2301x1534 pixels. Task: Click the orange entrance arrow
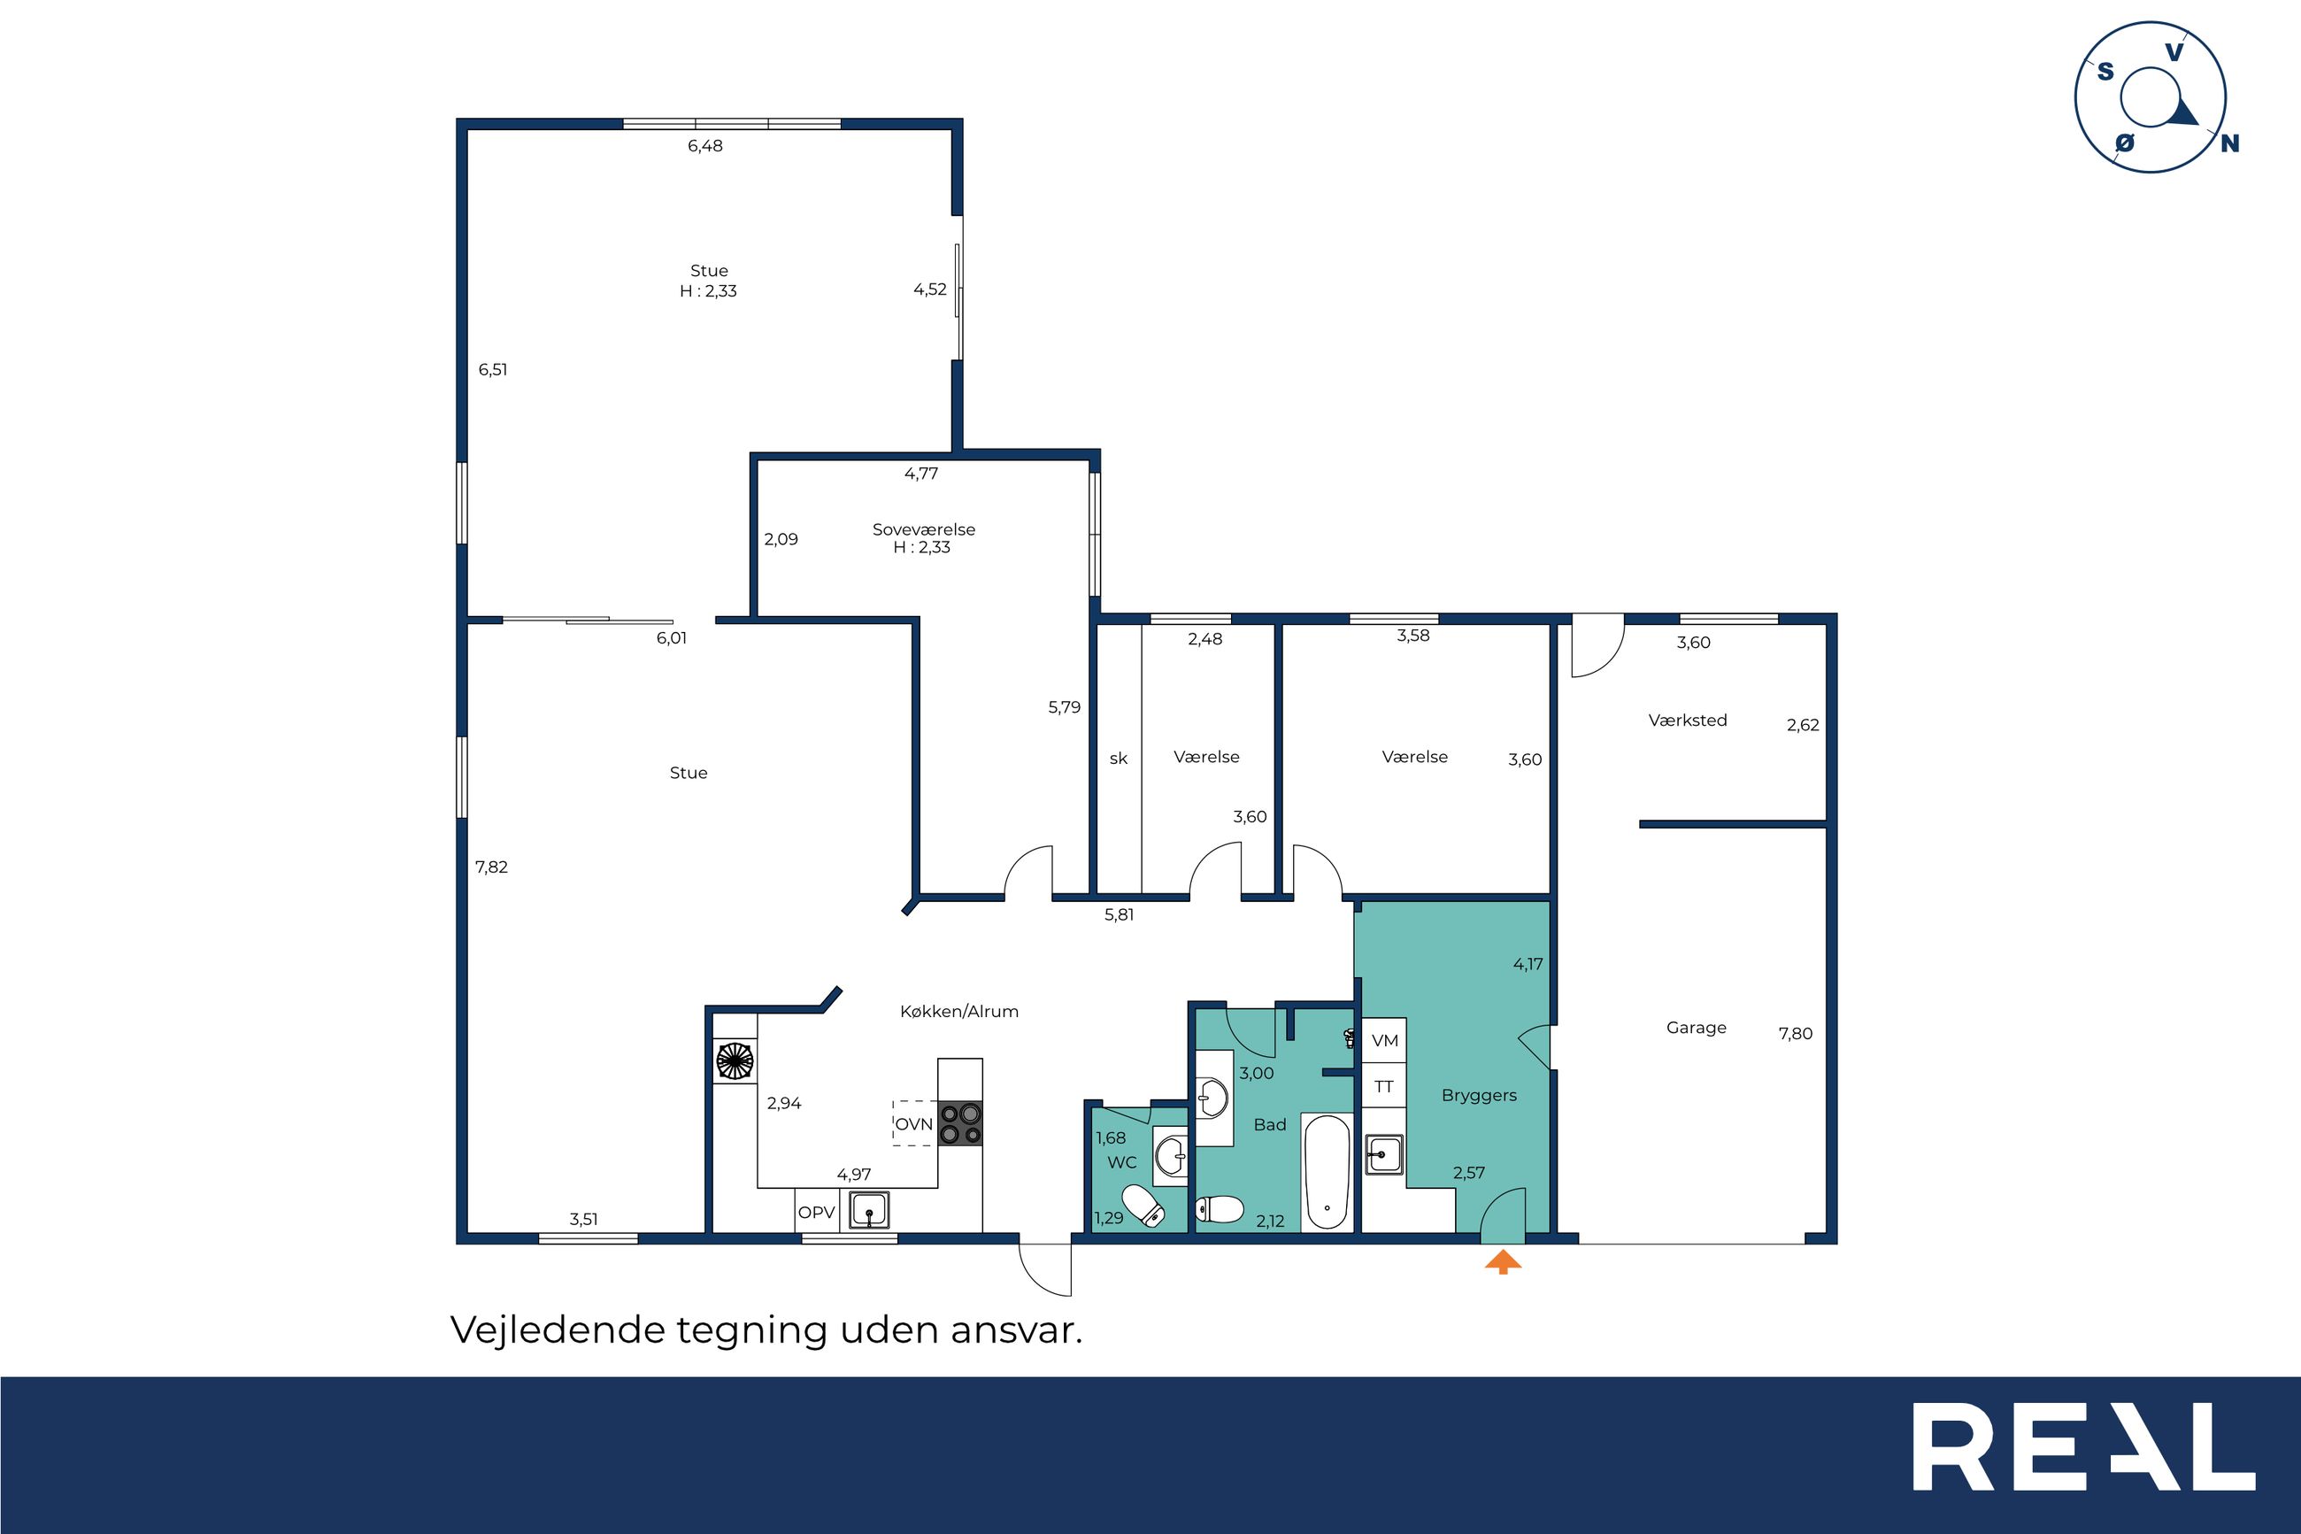coord(1503,1263)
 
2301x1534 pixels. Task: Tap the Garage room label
coord(1696,1027)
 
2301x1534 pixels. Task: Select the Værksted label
coord(1688,720)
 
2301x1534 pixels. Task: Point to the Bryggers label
coord(1479,1096)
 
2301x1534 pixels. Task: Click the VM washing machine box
coord(1385,1040)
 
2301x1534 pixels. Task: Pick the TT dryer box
coord(1384,1086)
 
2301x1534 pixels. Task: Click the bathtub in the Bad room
coord(1327,1172)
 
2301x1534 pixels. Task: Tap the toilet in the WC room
coord(1143,1206)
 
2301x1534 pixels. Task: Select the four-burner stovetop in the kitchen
coord(959,1123)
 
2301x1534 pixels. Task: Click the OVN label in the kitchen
coord(914,1124)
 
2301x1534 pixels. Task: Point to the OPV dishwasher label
coord(817,1212)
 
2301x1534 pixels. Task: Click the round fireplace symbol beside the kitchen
coord(735,1060)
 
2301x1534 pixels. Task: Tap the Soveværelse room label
coord(923,529)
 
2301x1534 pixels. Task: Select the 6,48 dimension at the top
coord(705,146)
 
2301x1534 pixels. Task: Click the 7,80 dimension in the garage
coord(1796,1033)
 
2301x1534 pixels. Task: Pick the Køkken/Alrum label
coord(959,1012)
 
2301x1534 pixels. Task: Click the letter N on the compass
coord(2229,143)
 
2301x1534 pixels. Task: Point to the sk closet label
coord(1119,759)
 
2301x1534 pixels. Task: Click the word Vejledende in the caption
coord(558,1330)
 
